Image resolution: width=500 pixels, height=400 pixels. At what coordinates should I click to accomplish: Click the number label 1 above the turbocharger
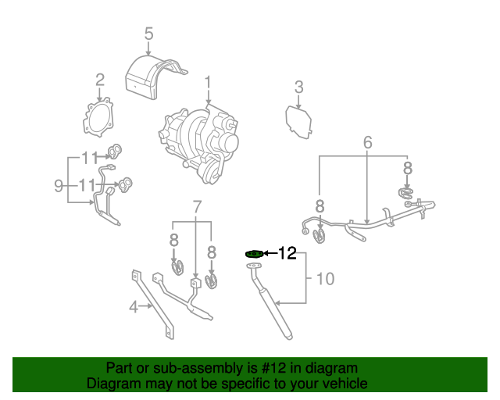(209, 82)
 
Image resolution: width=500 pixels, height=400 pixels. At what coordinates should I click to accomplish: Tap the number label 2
(100, 79)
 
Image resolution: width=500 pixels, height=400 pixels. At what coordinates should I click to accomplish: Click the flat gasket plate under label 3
(298, 123)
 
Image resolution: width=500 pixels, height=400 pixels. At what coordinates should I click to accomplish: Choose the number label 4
(134, 306)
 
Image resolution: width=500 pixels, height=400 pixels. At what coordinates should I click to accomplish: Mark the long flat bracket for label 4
(153, 305)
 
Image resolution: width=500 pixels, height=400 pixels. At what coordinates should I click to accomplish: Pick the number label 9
(59, 185)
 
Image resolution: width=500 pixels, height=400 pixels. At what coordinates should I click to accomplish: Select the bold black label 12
(287, 253)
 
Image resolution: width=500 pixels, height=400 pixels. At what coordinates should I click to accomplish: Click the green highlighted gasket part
(253, 253)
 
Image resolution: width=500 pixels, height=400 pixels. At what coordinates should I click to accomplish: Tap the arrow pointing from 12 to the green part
(270, 253)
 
